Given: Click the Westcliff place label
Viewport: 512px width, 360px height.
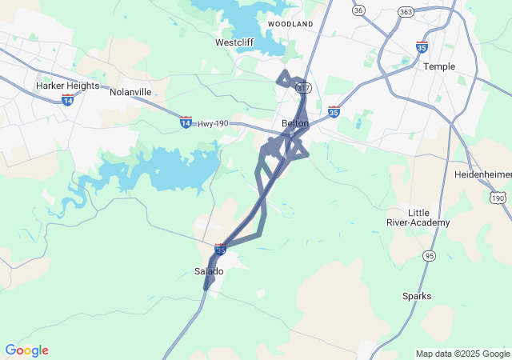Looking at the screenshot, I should click(235, 42).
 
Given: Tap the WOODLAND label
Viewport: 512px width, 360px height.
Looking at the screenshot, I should click(290, 25).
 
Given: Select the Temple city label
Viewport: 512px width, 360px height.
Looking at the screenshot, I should click(438, 66).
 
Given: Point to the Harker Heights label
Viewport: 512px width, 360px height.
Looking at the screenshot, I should click(67, 86).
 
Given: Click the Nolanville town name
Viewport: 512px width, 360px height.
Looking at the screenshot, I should click(130, 92).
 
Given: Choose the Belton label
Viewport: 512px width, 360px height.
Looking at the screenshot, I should click(295, 123).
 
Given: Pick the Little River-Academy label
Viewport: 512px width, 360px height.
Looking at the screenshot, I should click(418, 217).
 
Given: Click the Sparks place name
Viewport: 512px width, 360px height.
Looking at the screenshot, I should click(417, 296).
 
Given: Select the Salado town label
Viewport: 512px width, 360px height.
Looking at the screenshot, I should click(210, 271).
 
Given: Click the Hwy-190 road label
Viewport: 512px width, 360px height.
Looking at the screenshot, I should click(214, 123).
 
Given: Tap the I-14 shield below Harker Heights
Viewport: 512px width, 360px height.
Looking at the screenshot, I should click(68, 100).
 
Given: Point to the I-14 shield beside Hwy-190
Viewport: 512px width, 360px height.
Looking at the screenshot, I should click(186, 122).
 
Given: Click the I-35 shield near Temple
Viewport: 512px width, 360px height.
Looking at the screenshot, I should click(422, 47).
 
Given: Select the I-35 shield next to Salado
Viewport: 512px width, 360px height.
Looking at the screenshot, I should click(221, 250).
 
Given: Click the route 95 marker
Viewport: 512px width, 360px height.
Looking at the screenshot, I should click(430, 255).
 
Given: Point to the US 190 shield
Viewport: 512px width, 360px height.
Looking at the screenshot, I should click(498, 197).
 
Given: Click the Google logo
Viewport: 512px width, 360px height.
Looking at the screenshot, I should click(26, 350).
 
